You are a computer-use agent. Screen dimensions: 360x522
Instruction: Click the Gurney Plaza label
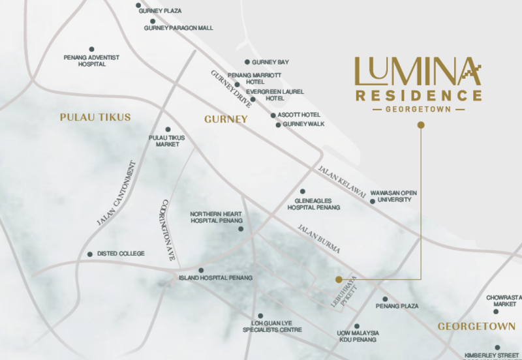tap(160, 11)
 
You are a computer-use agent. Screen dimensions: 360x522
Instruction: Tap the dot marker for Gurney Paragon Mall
tap(153, 21)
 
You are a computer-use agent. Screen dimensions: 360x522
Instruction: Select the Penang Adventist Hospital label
tap(91, 61)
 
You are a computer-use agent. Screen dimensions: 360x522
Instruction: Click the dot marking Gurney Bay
tap(247, 62)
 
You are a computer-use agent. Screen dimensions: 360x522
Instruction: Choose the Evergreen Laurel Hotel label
tap(265, 95)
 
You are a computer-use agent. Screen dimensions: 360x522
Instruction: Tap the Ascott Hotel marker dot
tap(273, 115)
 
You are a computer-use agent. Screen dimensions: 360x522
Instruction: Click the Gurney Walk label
tap(303, 124)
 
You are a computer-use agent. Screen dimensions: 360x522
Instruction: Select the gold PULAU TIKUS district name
tap(95, 117)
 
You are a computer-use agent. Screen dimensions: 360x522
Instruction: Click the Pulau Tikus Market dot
tap(168, 129)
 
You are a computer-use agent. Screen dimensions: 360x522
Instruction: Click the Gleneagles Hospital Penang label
tap(315, 203)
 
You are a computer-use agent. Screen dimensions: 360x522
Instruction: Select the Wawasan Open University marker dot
tap(373, 202)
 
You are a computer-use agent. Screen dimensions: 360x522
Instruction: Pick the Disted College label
tap(121, 254)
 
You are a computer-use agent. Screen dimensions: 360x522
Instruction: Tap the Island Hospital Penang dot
tap(200, 270)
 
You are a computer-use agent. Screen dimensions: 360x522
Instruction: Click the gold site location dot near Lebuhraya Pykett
tap(338, 279)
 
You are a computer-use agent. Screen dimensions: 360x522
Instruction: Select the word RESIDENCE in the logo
tap(418, 95)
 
